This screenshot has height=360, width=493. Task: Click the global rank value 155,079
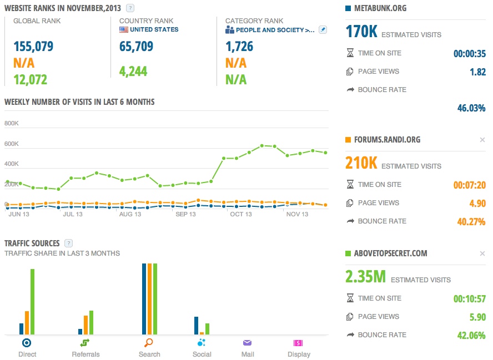(33, 46)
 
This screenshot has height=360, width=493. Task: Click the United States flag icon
(124, 29)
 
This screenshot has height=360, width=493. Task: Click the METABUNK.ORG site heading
(380, 8)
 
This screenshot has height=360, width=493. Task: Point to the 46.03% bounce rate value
(471, 108)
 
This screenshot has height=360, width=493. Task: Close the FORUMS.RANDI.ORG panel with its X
(482, 140)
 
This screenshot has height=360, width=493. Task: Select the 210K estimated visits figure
(361, 163)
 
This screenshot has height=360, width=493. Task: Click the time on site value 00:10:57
(469, 299)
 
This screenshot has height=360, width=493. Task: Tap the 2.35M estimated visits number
(365, 276)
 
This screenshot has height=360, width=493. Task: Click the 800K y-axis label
(12, 124)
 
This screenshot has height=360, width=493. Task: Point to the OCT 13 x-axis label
(240, 214)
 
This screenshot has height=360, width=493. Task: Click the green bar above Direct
(32, 302)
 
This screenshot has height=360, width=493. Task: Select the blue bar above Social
(197, 326)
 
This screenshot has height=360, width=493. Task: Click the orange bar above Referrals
(85, 324)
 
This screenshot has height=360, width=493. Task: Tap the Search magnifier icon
(149, 343)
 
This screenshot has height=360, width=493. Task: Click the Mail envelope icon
(248, 343)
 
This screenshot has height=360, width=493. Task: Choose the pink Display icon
(298, 343)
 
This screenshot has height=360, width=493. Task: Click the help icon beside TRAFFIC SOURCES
(69, 243)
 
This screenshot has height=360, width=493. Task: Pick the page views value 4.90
(477, 203)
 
